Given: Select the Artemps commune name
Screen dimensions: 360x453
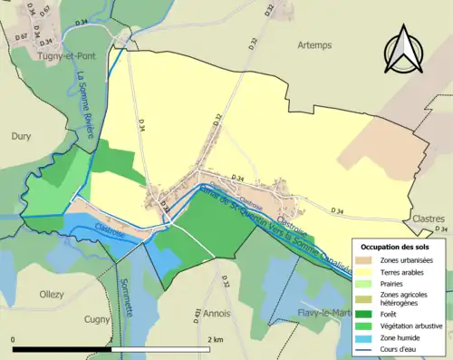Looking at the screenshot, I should tap(314, 44).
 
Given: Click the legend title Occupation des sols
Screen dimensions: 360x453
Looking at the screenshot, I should tap(395, 247).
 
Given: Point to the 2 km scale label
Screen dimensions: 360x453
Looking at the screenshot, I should tap(216, 339).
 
